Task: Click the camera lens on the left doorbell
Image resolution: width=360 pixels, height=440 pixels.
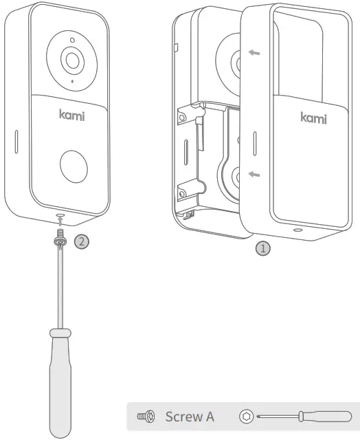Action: pos(71,58)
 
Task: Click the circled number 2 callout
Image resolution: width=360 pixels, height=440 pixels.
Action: pos(80,241)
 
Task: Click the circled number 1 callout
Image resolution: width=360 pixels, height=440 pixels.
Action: pos(262,248)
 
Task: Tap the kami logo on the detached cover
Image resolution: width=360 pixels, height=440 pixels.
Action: pos(313,117)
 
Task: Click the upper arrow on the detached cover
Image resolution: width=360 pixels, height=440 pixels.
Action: pos(254,53)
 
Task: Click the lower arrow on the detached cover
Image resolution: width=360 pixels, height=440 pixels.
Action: pos(254,175)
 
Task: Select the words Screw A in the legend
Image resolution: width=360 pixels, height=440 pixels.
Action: pos(190,417)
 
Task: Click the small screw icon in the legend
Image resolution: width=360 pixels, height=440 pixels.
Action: pos(146,417)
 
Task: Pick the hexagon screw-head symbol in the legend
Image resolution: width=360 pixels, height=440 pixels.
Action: pos(247,416)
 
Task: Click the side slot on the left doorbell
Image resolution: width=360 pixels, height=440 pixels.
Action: pos(14,140)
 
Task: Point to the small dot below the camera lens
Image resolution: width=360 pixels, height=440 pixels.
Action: pos(71,82)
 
